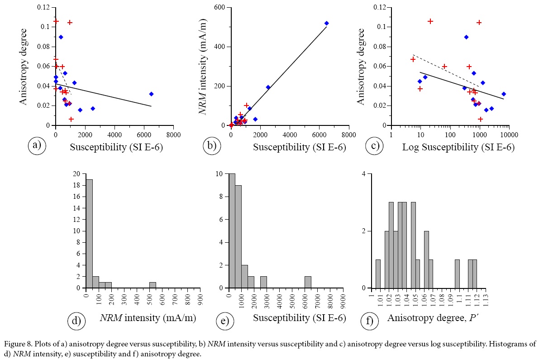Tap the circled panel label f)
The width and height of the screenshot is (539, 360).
click(369, 321)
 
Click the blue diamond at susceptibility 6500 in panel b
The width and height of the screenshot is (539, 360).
click(326, 23)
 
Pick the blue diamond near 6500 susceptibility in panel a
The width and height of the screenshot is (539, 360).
click(151, 94)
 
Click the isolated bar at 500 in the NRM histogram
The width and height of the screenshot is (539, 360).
click(153, 285)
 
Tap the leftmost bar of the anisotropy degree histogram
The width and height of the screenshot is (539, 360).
click(378, 274)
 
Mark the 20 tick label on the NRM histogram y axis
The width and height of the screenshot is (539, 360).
click(78, 174)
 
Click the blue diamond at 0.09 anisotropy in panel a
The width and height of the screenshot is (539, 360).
click(61, 37)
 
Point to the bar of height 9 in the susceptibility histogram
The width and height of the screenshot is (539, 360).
click(238, 236)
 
